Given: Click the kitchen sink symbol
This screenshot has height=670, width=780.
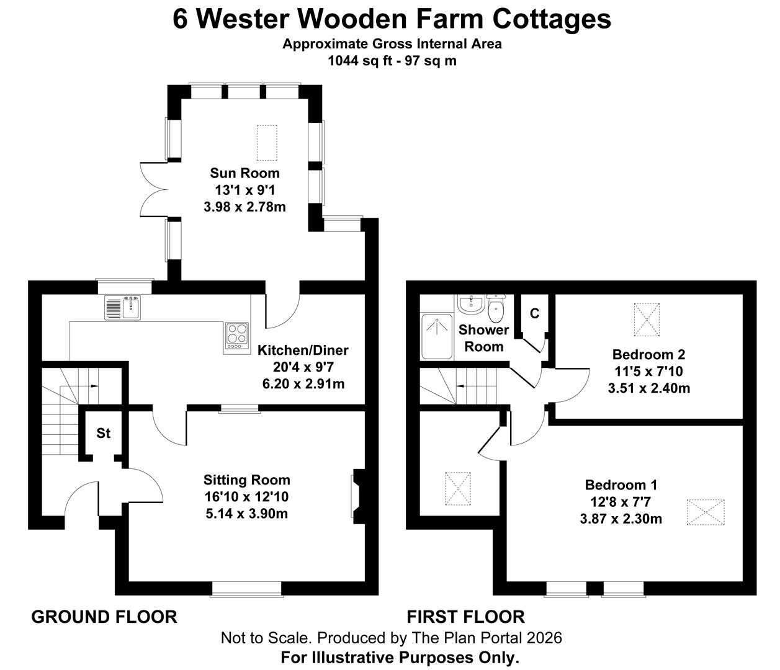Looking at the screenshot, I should coord(123,308).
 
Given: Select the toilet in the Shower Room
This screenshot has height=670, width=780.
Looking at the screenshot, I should coord(497,307).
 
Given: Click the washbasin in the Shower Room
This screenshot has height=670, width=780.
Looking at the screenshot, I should coord(470,305).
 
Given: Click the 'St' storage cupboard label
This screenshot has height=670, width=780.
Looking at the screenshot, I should coord(103,433).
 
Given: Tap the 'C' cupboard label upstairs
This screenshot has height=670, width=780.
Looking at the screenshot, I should coord(534,314).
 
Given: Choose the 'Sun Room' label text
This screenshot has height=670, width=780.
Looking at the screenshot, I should coord(244,173).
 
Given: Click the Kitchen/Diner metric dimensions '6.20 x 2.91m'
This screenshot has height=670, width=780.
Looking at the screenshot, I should coord(303,384).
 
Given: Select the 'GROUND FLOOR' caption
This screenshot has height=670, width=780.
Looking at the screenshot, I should coord(104,617).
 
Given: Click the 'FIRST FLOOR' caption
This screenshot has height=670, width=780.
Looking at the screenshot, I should coord(465,617).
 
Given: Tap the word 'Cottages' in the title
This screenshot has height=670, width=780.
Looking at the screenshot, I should coord(552,19).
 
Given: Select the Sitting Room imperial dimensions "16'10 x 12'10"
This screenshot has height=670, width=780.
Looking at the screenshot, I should coord(246,496).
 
